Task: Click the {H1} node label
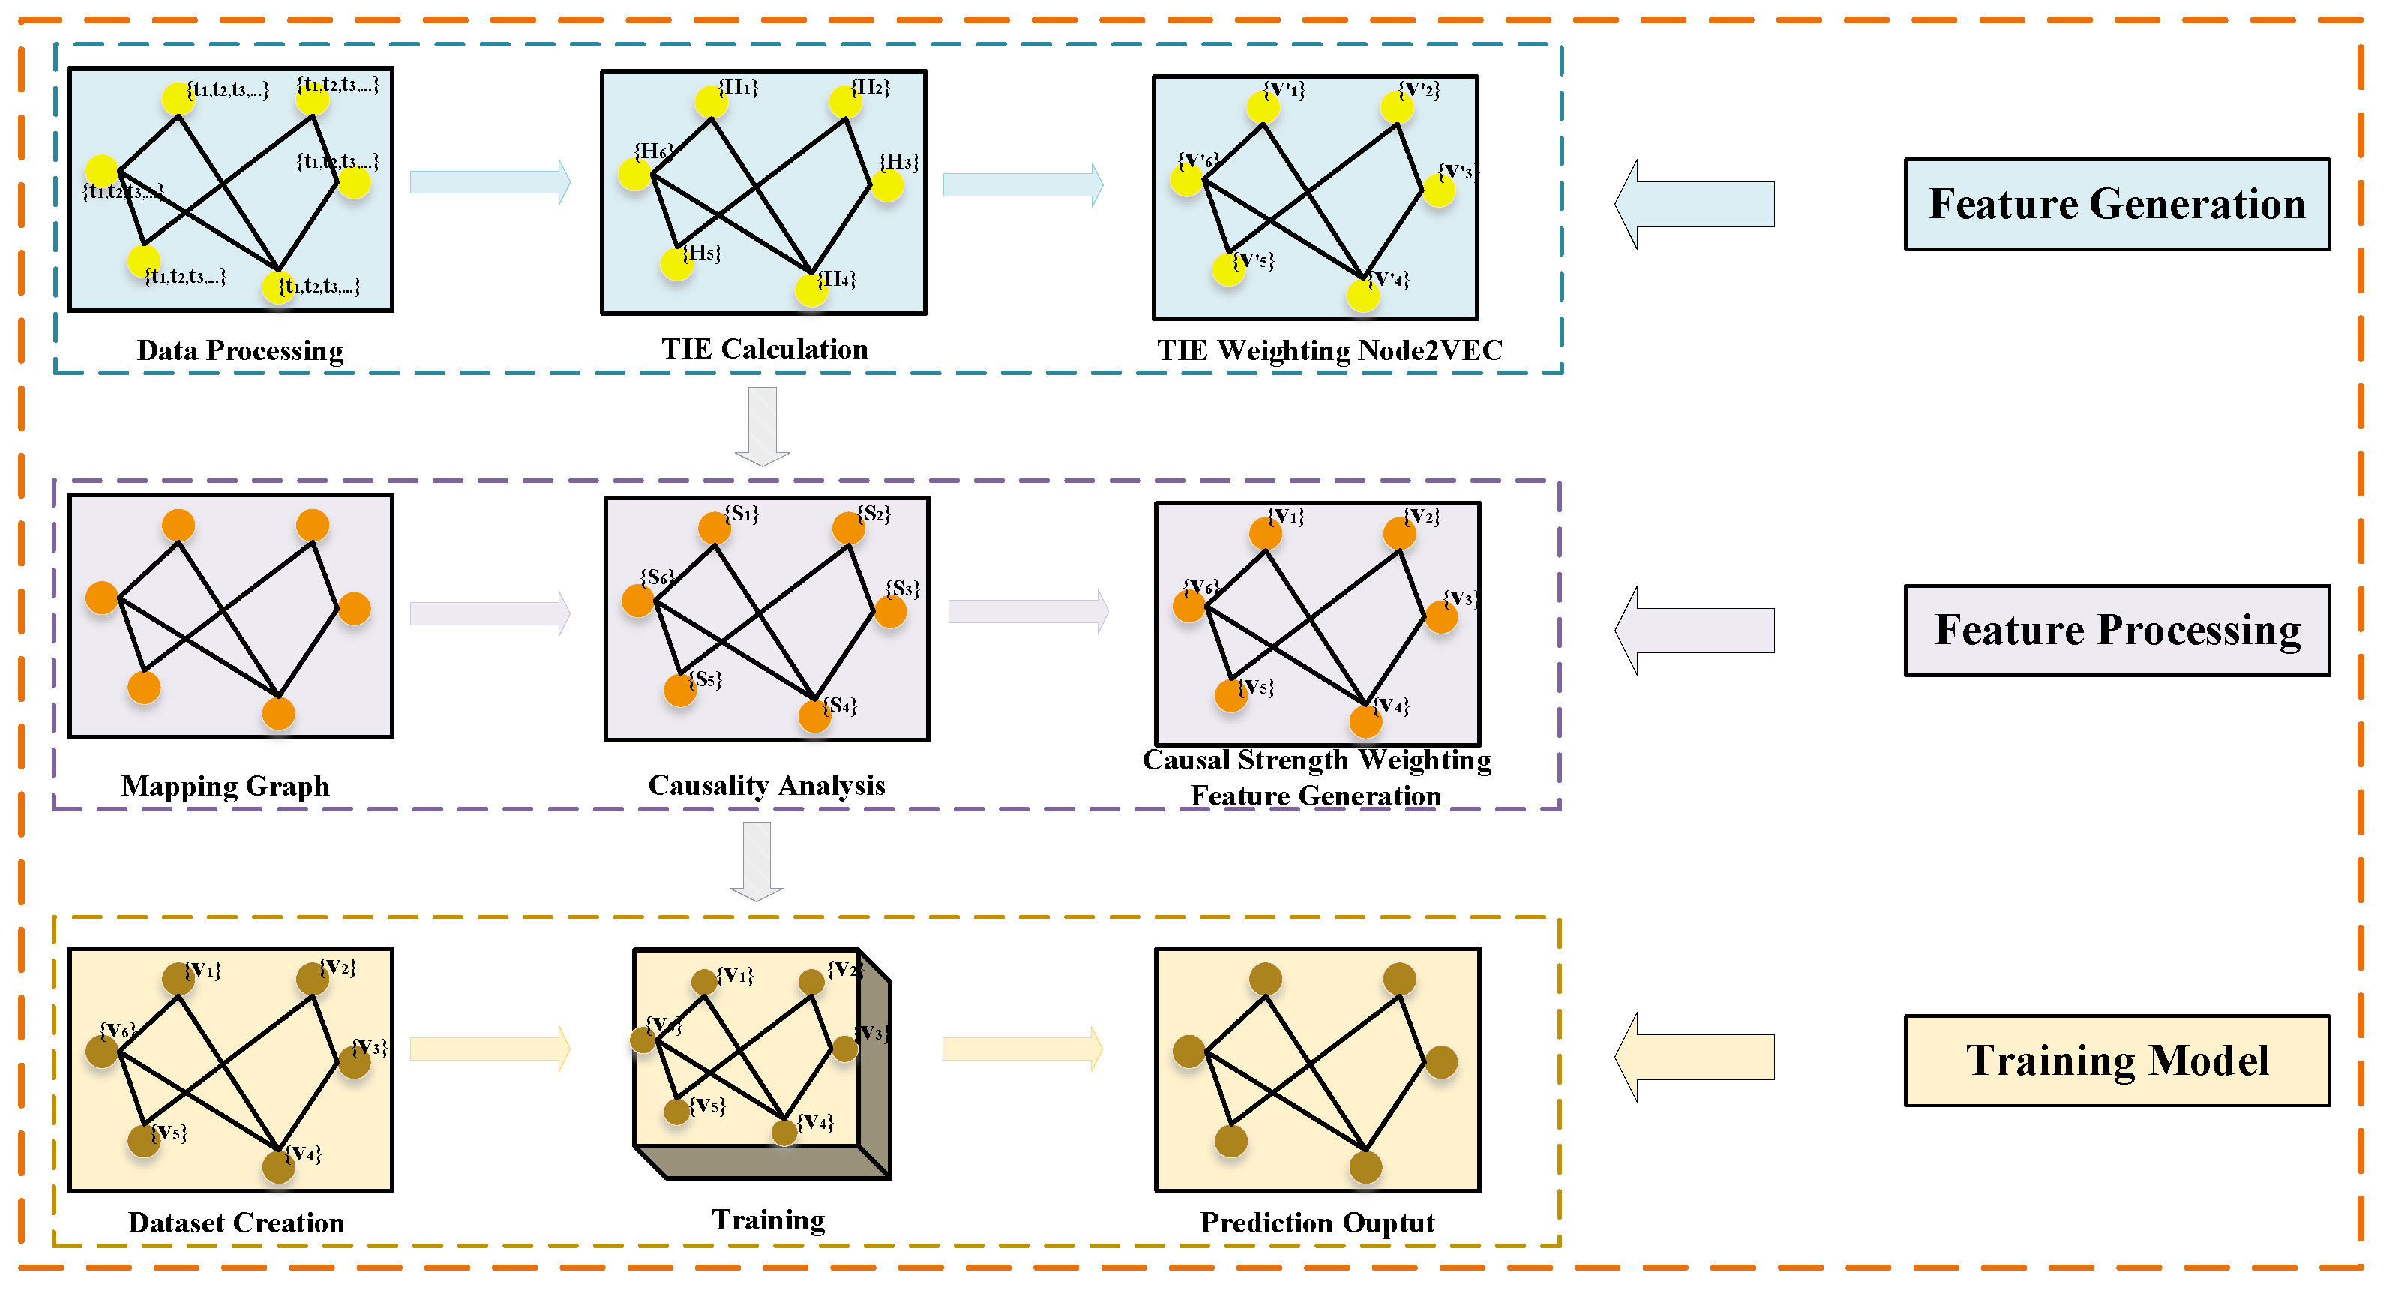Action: (x=738, y=87)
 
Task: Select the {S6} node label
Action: (x=657, y=577)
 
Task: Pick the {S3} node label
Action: (x=902, y=589)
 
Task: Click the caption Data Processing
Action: (x=240, y=350)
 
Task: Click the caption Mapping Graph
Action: (x=225, y=785)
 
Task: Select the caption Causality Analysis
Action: (x=766, y=785)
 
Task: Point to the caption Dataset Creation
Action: (x=236, y=1222)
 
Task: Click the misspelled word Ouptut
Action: (x=1389, y=1222)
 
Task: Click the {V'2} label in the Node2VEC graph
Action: (x=1420, y=90)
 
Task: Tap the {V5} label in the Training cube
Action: (x=708, y=1105)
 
